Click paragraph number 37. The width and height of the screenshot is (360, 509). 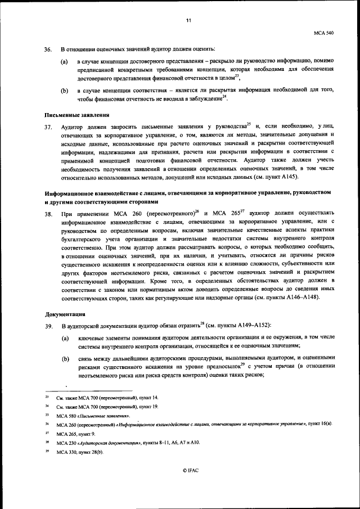coord(48,127)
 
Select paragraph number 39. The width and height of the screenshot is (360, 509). coord(48,326)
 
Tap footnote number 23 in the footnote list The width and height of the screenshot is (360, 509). coord(47,398)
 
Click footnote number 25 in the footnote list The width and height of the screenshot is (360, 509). coord(47,415)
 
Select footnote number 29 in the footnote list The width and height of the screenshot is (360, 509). coord(47,452)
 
